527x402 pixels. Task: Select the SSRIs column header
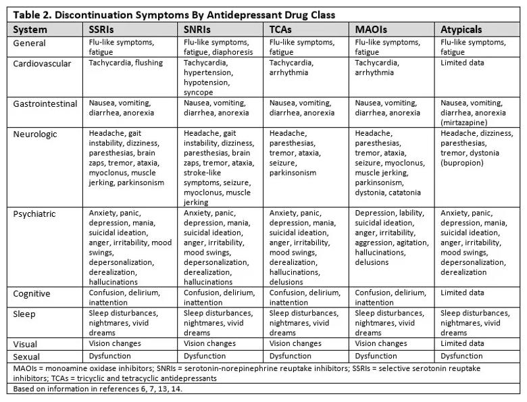point(103,30)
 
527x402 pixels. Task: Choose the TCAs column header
point(281,30)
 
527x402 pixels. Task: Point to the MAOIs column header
point(371,30)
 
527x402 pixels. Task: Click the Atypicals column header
point(461,30)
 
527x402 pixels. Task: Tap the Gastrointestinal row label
point(47,103)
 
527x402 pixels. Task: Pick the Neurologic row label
point(36,134)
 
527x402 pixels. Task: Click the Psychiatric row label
point(37,214)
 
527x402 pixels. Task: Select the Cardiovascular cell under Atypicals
point(462,63)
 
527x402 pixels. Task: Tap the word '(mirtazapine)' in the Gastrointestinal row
point(467,123)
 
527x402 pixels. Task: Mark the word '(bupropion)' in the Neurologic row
point(465,163)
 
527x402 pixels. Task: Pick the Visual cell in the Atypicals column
point(462,344)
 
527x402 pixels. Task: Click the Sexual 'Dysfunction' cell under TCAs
point(291,356)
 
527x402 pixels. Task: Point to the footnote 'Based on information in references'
point(97,388)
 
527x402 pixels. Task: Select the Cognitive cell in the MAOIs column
point(391,298)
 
